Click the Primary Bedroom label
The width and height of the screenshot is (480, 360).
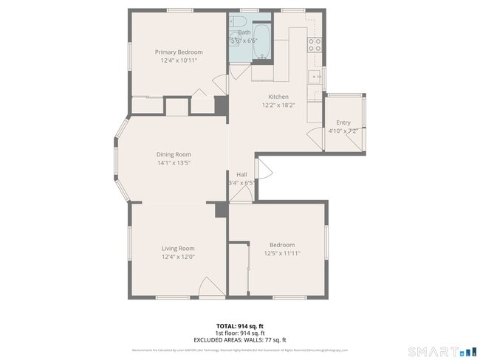179,52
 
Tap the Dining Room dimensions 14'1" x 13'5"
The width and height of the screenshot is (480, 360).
174,163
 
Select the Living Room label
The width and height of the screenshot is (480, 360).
178,249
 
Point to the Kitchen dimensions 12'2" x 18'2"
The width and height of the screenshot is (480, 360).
278,105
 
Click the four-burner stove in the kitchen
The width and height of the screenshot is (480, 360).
315,42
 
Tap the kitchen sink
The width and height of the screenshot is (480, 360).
315,77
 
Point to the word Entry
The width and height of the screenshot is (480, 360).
343,122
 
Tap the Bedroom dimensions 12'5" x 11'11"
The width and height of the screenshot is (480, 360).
281,253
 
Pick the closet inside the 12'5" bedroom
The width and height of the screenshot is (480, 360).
238,269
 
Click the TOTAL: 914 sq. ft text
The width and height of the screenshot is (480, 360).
240,325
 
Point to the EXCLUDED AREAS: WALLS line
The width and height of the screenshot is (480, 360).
240,339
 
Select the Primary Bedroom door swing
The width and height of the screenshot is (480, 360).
199,96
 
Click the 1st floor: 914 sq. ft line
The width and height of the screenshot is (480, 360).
240,333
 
